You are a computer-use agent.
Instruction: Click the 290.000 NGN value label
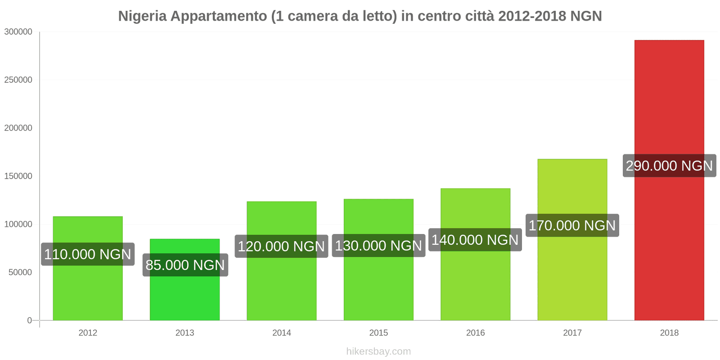tap(669, 166)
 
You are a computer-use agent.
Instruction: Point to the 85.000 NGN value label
tap(185, 265)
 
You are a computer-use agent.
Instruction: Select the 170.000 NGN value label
tap(572, 225)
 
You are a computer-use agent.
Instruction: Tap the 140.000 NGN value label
tap(475, 240)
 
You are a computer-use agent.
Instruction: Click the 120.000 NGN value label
tap(281, 246)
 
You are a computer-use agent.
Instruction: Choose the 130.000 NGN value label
tap(378, 246)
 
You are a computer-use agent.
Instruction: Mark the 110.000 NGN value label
tap(88, 254)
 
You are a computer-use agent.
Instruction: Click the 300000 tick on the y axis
tap(18, 32)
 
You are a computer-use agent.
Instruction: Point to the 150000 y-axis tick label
tap(18, 176)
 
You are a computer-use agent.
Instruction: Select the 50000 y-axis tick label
tap(20, 273)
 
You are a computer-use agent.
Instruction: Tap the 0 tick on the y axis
tap(30, 320)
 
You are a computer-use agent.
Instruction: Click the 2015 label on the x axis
tap(378, 333)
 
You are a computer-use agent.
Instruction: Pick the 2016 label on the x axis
tap(475, 333)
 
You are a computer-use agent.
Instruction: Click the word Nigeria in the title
tap(142, 16)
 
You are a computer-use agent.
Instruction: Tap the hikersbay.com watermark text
tap(378, 351)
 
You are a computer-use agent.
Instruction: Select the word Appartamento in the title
tap(219, 16)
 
